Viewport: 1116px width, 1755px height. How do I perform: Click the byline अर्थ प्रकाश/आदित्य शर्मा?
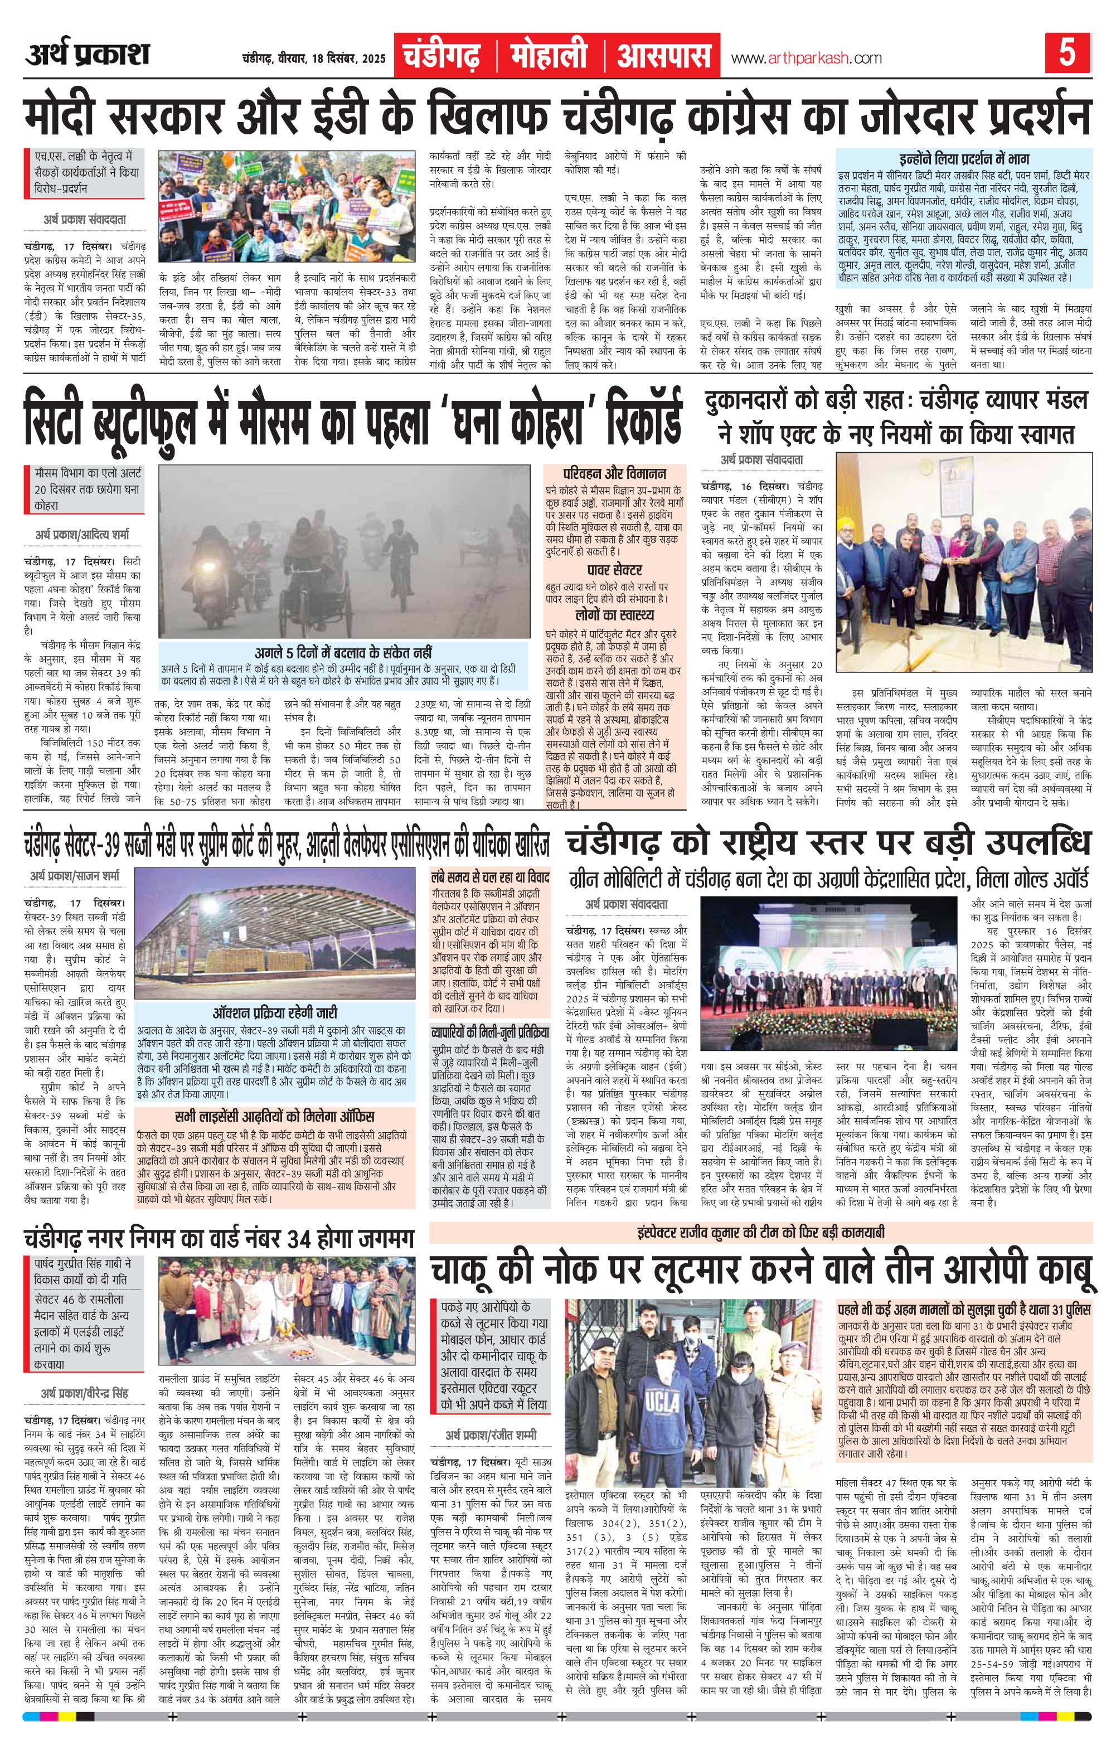(x=83, y=536)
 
